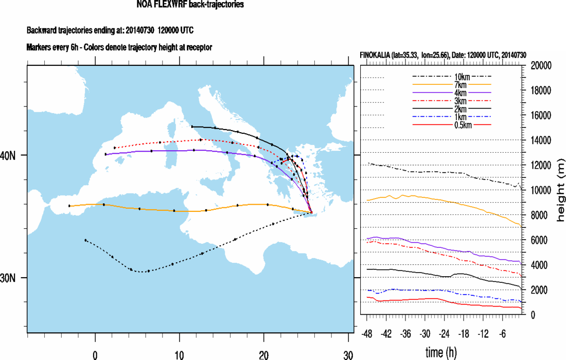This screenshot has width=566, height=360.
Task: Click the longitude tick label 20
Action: coord(263,354)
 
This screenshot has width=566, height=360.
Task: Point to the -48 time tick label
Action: coord(368,333)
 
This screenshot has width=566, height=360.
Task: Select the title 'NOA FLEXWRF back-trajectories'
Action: coord(190,5)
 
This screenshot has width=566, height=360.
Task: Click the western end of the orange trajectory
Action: coord(69,206)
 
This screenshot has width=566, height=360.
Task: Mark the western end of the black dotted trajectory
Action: coord(85,240)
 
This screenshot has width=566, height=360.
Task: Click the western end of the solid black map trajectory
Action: coord(191,127)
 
